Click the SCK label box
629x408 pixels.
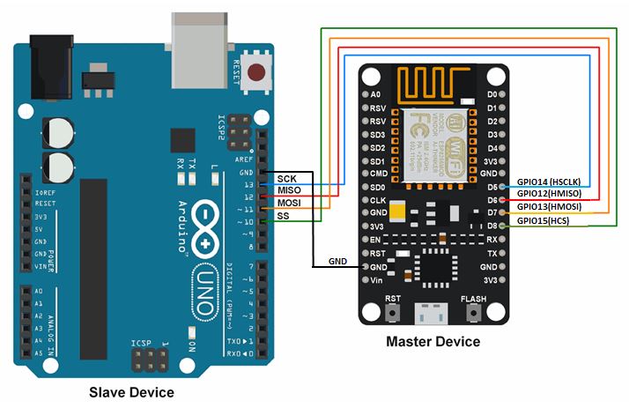tap(287, 178)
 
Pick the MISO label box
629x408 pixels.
tap(289, 190)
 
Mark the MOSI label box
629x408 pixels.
tap(289, 203)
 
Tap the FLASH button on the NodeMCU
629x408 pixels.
tap(473, 312)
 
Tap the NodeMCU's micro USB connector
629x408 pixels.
tap(433, 313)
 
